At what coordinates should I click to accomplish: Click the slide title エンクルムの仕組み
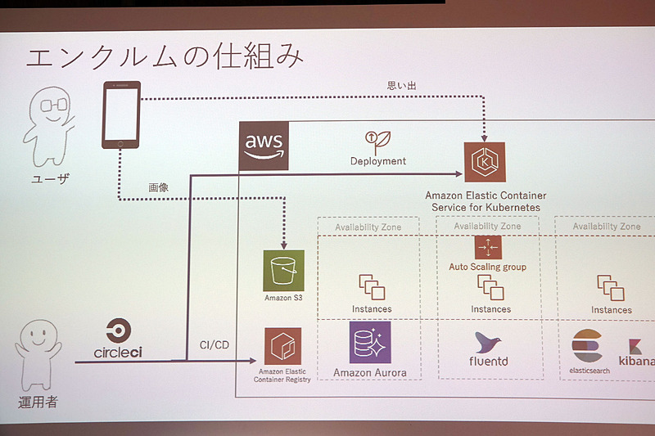(165, 59)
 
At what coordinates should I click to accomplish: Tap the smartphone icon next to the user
(120, 115)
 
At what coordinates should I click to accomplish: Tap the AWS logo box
(264, 146)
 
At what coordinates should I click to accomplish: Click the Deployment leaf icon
(377, 140)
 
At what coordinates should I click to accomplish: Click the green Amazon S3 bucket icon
(283, 270)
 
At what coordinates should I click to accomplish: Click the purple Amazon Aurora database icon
(370, 342)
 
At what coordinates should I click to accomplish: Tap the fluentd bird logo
(490, 344)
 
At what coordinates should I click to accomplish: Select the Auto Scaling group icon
(487, 246)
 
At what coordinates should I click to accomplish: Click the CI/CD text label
(215, 344)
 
